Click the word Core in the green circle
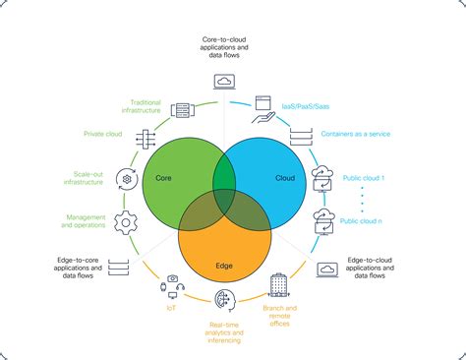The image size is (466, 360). click(163, 178)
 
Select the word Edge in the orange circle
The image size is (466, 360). click(224, 266)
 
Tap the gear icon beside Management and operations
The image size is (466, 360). click(126, 221)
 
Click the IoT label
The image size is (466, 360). click(172, 307)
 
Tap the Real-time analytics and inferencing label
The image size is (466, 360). click(225, 332)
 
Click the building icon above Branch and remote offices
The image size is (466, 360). click(278, 285)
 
